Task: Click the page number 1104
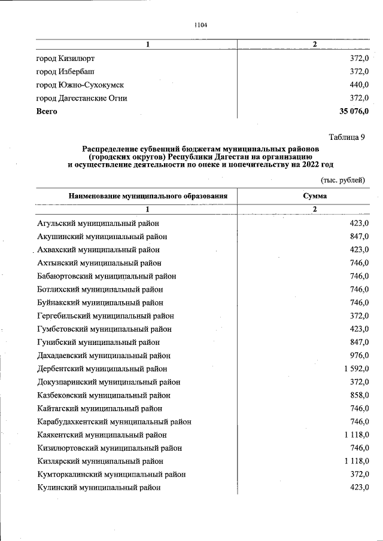(x=200, y=25)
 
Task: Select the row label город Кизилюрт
(x=65, y=59)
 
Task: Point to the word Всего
(x=47, y=111)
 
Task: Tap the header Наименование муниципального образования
(x=148, y=195)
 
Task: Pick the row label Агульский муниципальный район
(x=98, y=223)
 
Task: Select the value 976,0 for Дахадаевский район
(x=359, y=356)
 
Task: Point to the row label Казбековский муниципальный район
(x=104, y=395)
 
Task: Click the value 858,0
(x=359, y=395)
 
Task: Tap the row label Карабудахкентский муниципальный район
(x=114, y=421)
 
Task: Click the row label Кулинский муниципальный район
(x=99, y=487)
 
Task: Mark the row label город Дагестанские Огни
(x=81, y=98)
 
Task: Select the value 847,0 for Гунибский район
(x=359, y=342)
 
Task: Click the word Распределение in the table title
(x=111, y=148)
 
